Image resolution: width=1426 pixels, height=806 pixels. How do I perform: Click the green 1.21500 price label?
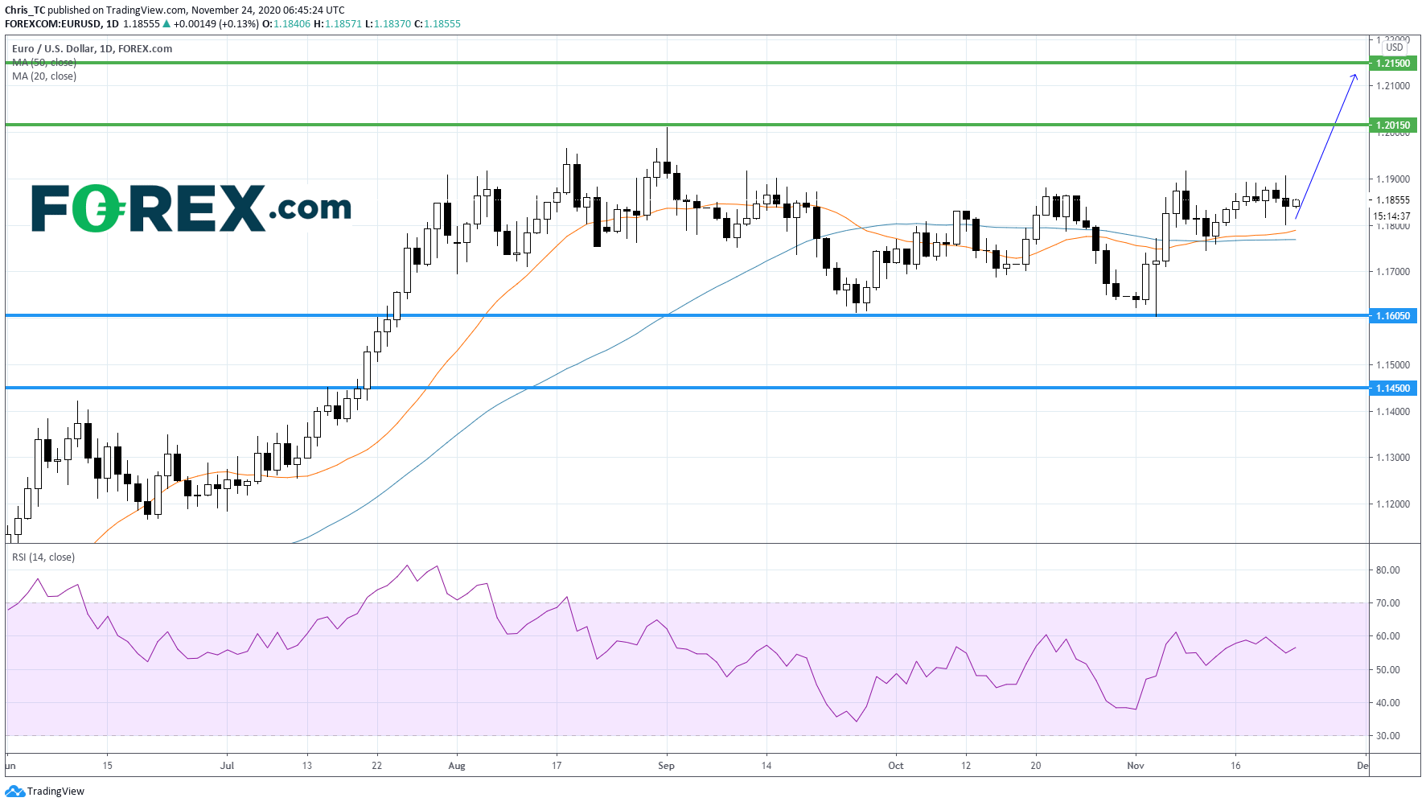(1392, 64)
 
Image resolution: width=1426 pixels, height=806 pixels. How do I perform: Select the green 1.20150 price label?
(1392, 125)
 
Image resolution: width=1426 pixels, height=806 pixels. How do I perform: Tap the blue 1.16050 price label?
(1392, 316)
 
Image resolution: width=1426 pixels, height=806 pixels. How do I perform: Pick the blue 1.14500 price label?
(1392, 389)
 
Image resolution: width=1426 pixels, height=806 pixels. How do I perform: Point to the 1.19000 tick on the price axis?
(1393, 179)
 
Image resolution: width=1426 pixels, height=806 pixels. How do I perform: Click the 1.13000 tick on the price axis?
(1393, 458)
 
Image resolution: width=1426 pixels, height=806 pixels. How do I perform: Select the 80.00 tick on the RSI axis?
(1387, 570)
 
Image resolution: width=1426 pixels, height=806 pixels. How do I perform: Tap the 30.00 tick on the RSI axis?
(1387, 736)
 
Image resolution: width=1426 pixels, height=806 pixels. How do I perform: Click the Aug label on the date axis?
(457, 766)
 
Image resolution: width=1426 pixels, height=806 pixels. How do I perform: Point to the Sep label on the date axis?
(666, 766)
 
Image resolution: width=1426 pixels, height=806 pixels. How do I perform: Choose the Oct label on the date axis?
(895, 766)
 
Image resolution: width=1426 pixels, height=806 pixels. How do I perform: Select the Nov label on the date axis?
(1135, 766)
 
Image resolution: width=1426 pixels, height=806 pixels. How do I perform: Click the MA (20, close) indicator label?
(44, 76)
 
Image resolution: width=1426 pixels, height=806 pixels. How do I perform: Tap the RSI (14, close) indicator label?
(43, 557)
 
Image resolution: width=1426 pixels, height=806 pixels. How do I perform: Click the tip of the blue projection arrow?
(1356, 75)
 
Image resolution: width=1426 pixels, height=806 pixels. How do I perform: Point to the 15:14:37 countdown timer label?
(1391, 216)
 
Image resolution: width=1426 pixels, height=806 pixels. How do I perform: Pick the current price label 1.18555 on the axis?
(1392, 200)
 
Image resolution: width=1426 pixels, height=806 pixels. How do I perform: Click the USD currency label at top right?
(1394, 47)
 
